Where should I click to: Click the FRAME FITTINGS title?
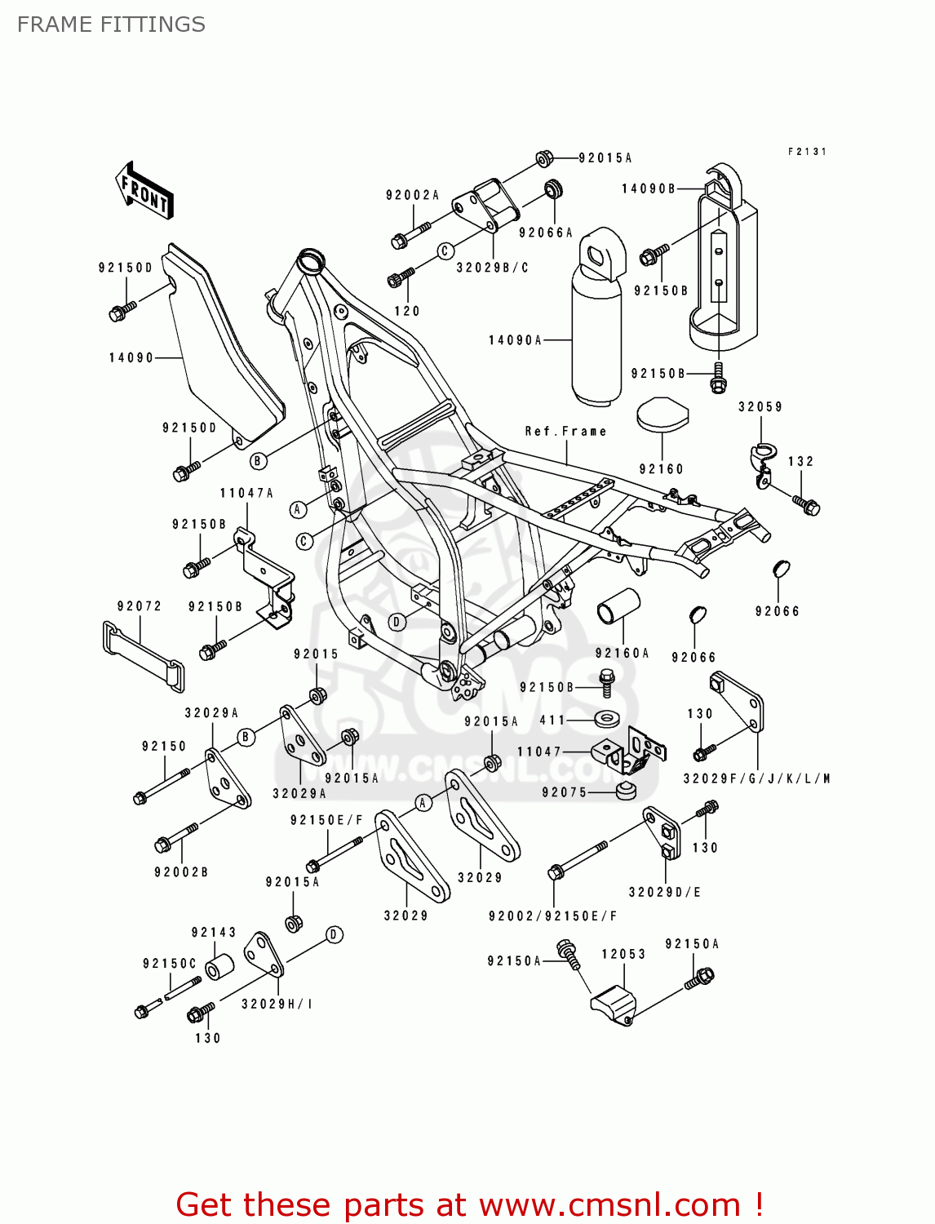(111, 24)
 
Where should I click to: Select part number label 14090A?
(515, 340)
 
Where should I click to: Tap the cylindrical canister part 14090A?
(596, 326)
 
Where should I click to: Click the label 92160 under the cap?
(661, 469)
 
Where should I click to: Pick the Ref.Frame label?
(565, 432)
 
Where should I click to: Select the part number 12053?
(623, 954)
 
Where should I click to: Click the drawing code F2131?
(807, 152)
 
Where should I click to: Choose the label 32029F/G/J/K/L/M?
(756, 778)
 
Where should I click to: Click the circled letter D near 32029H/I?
(334, 935)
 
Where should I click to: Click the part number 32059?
(760, 406)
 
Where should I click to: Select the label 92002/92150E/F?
(552, 916)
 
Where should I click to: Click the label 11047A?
(246, 493)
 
